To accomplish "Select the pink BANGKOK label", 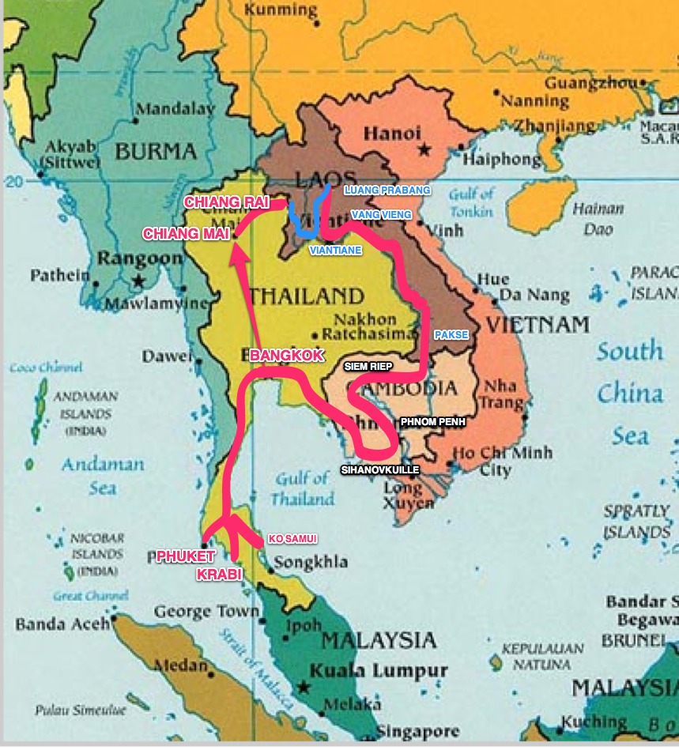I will click(x=286, y=356).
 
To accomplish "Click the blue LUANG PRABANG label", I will click(x=387, y=190).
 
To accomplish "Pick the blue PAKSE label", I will click(x=451, y=335).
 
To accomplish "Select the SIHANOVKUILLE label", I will click(x=379, y=469).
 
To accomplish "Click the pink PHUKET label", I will click(x=187, y=556).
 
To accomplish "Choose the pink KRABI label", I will click(x=219, y=575).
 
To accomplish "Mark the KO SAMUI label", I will click(x=292, y=539).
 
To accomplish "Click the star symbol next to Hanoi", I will click(x=425, y=149).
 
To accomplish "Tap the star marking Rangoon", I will click(x=139, y=281).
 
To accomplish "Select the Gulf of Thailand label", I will click(x=302, y=488).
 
